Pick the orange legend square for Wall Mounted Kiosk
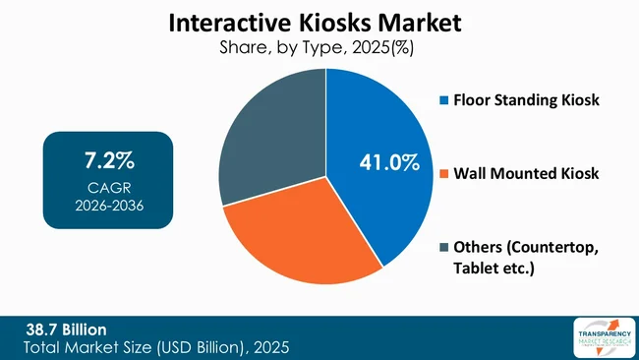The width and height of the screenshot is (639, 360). pyautogui.click(x=442, y=173)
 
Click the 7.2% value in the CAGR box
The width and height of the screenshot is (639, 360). pyautogui.click(x=108, y=159)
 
